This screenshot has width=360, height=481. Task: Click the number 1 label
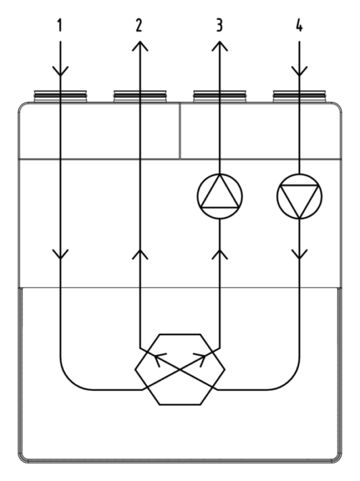tap(60, 25)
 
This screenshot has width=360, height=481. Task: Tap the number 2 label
tap(139, 25)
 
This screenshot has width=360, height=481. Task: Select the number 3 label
tap(219, 25)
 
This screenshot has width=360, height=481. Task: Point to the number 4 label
tap(300, 25)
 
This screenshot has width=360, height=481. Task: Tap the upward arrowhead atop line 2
tap(140, 47)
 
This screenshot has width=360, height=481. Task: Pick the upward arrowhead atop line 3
tap(220, 47)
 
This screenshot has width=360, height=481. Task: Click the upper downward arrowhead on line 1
tap(60, 71)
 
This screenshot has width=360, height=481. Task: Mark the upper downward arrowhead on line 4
tap(300, 71)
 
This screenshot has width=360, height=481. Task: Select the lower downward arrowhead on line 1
tap(60, 254)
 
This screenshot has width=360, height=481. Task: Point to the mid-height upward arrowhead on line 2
tap(140, 254)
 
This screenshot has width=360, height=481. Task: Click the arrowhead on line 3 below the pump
tap(220, 254)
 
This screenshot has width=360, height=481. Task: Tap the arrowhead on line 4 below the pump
tap(300, 254)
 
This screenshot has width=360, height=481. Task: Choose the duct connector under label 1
tap(60, 96)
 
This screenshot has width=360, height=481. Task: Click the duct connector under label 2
tap(140, 96)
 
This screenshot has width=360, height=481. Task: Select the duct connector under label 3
tap(220, 96)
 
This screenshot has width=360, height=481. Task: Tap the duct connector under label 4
tap(300, 96)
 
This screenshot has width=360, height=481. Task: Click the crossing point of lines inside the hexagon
tap(180, 370)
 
